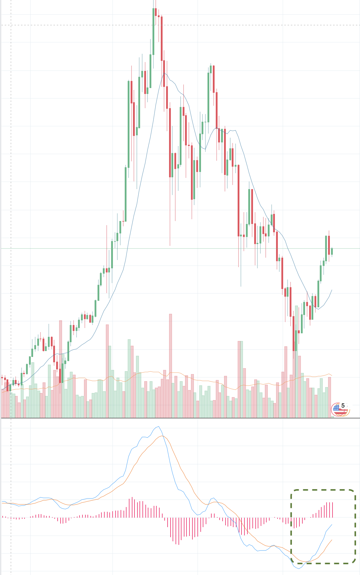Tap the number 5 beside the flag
[x=343, y=405]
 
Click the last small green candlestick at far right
[x=332, y=251]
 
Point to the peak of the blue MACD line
[x=159, y=426]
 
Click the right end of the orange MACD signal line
[x=332, y=540]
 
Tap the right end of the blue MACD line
[x=332, y=524]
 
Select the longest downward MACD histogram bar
[x=179, y=531]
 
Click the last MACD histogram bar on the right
[x=333, y=510]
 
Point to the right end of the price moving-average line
[x=332, y=290]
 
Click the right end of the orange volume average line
[x=332, y=376]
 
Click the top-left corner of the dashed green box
[x=291, y=490]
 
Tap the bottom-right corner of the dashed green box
[x=355, y=563]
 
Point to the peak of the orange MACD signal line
[x=162, y=436]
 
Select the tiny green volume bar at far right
[x=333, y=417]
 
